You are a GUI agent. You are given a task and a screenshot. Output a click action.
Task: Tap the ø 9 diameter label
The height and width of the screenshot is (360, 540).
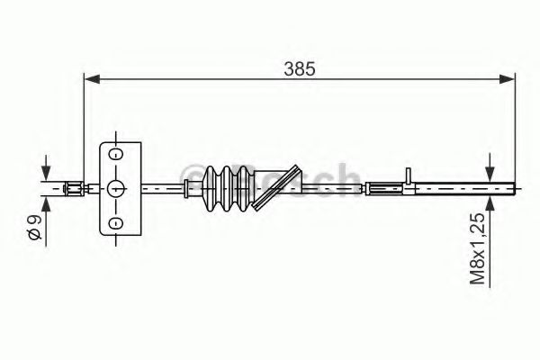click(x=33, y=226)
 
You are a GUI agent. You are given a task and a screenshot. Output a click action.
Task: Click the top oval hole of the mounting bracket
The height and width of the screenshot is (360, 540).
click(x=115, y=154)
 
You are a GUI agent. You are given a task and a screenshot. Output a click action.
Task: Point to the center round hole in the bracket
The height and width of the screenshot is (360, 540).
click(x=115, y=188)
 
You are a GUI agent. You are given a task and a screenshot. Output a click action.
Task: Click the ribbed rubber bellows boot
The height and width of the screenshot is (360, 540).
click(x=229, y=188)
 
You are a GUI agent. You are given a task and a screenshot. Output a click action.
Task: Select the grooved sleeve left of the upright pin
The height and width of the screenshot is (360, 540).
click(x=385, y=188)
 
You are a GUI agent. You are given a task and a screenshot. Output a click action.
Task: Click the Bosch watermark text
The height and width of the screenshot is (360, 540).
click(x=270, y=177)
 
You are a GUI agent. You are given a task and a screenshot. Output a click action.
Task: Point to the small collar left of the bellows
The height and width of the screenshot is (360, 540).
click(x=187, y=188)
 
